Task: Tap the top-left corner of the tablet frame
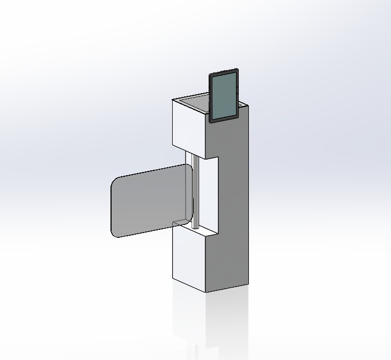[x=210, y=74]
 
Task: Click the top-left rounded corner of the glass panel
[x=115, y=179]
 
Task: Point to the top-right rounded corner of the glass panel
[x=188, y=168]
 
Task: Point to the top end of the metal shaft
[x=197, y=157]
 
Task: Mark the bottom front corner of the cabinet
[x=206, y=292]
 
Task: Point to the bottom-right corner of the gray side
[x=249, y=284]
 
